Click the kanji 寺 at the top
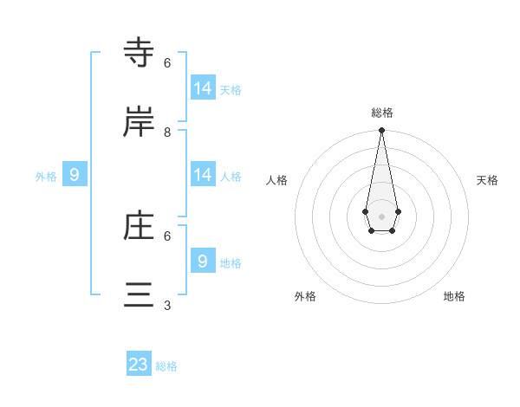click(x=140, y=54)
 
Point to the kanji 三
click(x=140, y=295)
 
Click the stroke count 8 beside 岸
click(x=167, y=132)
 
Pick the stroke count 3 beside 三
click(x=167, y=305)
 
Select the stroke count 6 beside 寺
click(x=167, y=63)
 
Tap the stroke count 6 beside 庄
click(x=167, y=236)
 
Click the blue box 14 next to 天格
click(x=203, y=88)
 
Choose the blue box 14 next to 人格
click(x=203, y=175)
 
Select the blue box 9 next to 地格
click(x=203, y=261)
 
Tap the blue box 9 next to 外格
click(x=75, y=175)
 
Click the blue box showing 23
click(x=139, y=365)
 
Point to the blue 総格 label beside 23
click(x=166, y=366)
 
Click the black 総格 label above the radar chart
click(x=382, y=113)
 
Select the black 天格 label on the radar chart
click(x=487, y=180)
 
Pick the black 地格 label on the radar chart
click(x=454, y=296)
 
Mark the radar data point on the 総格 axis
click(x=381, y=131)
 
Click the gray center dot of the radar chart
click(x=381, y=215)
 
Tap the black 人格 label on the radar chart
click(x=276, y=180)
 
